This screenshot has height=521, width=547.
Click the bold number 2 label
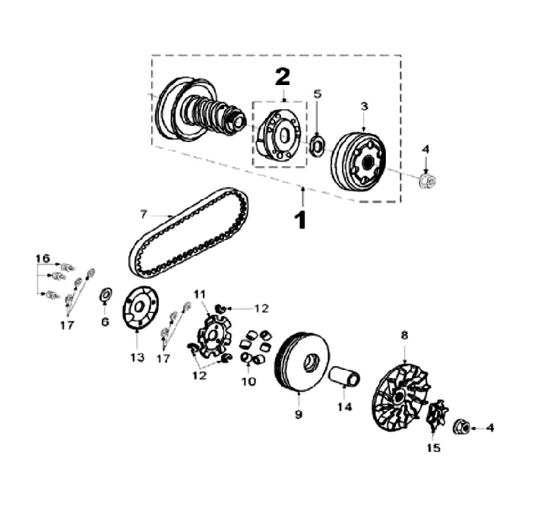[283, 77]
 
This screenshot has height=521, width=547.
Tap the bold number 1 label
[300, 220]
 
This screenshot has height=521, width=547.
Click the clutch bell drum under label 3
[359, 161]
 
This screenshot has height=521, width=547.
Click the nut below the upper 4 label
[427, 180]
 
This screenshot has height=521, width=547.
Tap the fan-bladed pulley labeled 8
[401, 397]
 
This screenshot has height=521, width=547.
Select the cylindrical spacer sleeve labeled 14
[346, 376]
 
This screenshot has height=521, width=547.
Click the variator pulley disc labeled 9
[302, 363]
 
